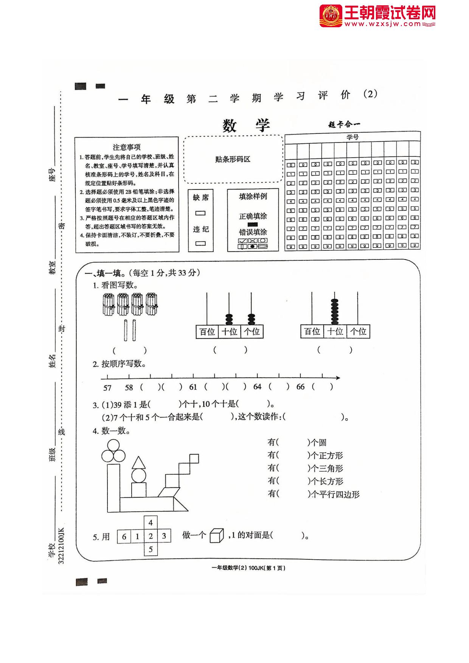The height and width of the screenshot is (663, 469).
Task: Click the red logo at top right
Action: pyautogui.click(x=331, y=16)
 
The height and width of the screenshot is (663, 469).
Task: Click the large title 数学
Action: pyautogui.click(x=246, y=125)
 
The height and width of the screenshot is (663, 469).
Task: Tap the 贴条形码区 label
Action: pyautogui.click(x=233, y=159)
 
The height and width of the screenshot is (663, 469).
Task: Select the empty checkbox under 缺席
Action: pyautogui.click(x=200, y=213)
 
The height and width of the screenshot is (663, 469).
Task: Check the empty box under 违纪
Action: pyautogui.click(x=200, y=243)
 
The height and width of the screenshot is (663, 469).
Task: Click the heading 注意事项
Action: pyautogui.click(x=127, y=147)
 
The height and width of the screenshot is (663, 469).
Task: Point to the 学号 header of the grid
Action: pyautogui.click(x=352, y=137)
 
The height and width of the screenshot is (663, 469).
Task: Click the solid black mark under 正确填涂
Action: pyautogui.click(x=253, y=224)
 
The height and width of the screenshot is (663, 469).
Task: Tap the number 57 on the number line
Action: pyautogui.click(x=107, y=388)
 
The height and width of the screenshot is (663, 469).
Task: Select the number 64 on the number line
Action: pyautogui.click(x=257, y=387)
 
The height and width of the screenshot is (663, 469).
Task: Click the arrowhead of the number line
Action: pyautogui.click(x=337, y=377)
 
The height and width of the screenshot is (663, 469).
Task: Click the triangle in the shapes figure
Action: pyautogui.click(x=139, y=463)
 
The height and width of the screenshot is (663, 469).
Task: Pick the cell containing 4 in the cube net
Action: pyautogui.click(x=151, y=523)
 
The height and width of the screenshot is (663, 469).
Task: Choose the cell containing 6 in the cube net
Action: pyautogui.click(x=124, y=536)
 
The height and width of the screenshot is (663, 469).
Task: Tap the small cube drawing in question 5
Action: pyautogui.click(x=217, y=536)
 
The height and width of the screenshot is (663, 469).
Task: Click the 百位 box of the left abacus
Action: pyautogui.click(x=207, y=332)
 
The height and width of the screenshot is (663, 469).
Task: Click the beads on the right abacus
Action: pyautogui.click(x=334, y=312)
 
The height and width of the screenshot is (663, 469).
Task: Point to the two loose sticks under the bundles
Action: pyautogui.click(x=130, y=330)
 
